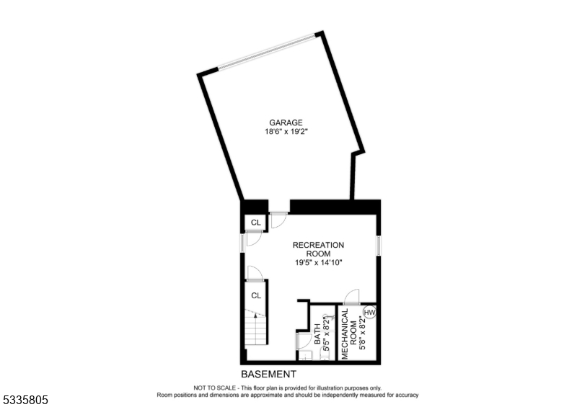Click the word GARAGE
pos(286,122)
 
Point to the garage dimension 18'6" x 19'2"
pos(286,132)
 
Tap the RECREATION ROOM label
pos(318,249)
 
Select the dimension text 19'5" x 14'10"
pos(318,263)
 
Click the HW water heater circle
pos(370,313)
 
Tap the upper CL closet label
pos(255,222)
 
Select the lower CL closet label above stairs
pos(255,295)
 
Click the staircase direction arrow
pos(255,316)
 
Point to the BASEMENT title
pos(268,374)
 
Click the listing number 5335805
pos(25,398)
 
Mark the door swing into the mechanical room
pos(351,296)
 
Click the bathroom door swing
pos(304,339)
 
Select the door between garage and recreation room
pos(278,219)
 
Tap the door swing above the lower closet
pos(253,272)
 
